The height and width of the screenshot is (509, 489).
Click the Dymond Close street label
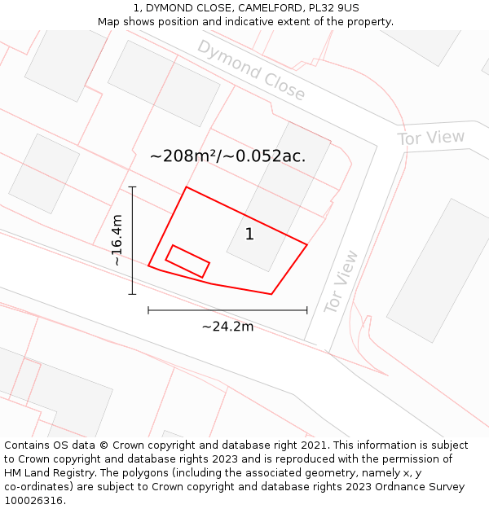[251, 70]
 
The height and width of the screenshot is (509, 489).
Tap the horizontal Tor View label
[431, 138]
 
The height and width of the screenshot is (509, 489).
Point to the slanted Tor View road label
[341, 282]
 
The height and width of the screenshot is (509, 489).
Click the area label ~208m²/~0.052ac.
[228, 156]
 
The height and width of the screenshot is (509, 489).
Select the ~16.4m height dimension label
[117, 240]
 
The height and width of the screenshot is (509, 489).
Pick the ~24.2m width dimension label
[227, 327]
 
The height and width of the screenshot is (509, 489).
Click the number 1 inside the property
[249, 235]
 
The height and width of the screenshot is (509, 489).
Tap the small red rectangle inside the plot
[187, 261]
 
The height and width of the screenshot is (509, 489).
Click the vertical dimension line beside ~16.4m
[132, 240]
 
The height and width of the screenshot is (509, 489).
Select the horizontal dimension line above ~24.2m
[227, 309]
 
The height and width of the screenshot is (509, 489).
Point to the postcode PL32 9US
[332, 8]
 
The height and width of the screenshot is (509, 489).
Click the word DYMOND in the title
[173, 8]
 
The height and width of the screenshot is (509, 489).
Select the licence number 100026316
[34, 501]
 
